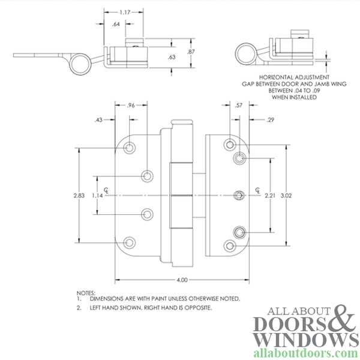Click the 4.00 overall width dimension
coord(183,280)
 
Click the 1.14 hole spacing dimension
coord(98,196)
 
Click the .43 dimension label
coord(98,120)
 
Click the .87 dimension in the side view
coord(191,53)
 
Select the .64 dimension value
coord(116,24)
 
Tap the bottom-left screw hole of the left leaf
coord(130,242)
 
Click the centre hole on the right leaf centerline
coord(239,196)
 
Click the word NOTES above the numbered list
coord(85,292)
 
